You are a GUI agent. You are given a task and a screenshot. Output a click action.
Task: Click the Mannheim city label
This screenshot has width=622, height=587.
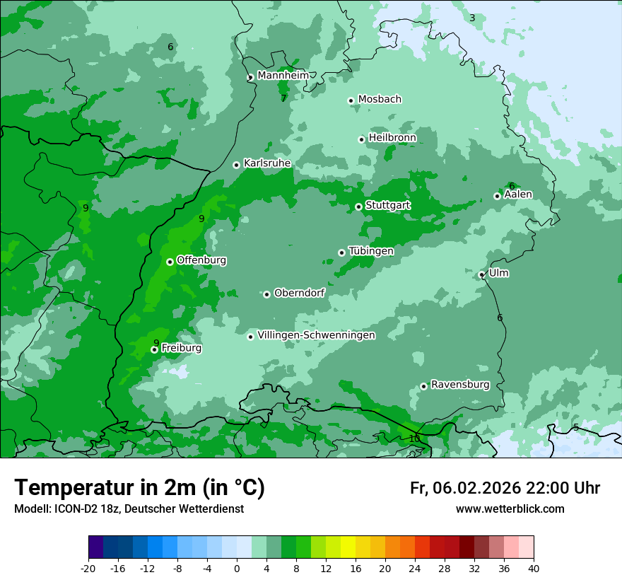click(283, 75)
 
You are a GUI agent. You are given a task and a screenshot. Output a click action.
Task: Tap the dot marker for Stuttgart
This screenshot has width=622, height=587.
click(358, 207)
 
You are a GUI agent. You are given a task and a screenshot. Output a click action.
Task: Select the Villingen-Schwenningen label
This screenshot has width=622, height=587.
click(316, 335)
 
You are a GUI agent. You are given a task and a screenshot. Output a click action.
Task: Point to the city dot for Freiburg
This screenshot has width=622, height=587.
click(154, 349)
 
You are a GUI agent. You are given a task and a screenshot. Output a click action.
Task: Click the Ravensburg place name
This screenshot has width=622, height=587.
click(460, 385)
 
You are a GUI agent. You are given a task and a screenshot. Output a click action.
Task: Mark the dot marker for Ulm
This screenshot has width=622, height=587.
click(481, 274)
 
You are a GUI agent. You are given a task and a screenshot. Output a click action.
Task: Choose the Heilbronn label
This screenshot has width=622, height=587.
click(392, 137)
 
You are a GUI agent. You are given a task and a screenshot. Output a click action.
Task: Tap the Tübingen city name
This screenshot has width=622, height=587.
click(371, 251)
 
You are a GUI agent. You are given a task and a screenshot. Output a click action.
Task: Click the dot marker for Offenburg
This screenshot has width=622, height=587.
click(170, 262)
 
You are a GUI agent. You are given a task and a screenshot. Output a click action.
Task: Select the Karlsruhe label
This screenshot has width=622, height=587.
click(267, 163)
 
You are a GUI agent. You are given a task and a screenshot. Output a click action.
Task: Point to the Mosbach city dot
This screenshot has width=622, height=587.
click(351, 100)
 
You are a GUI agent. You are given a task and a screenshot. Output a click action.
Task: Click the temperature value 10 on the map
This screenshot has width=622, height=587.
click(414, 438)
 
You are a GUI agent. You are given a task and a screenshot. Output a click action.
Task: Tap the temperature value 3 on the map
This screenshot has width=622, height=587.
click(472, 18)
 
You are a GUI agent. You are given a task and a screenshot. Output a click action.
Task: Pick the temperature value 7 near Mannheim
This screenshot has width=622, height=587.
click(283, 98)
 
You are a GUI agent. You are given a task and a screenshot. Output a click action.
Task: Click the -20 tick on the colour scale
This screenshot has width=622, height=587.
click(88, 568)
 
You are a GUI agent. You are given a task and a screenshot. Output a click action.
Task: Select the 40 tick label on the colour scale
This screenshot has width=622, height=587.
click(534, 568)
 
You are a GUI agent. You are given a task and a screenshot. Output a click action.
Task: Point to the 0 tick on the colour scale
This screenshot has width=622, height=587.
click(237, 568)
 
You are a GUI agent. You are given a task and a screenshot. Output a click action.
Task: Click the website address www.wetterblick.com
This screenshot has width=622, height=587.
click(510, 508)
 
